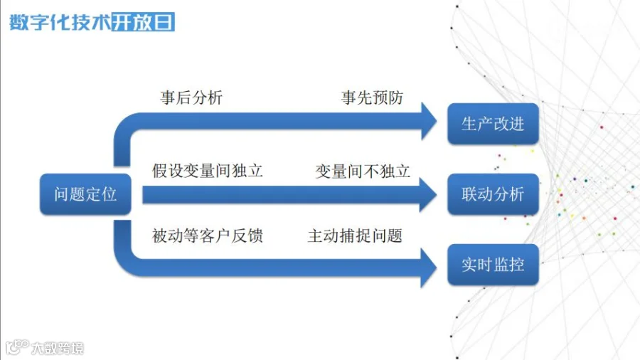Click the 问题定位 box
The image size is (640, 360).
(x=85, y=194)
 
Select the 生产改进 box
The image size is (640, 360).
(x=493, y=124)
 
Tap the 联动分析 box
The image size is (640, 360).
(x=493, y=194)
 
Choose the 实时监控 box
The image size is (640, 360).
(x=493, y=265)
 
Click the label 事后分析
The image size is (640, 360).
(x=191, y=97)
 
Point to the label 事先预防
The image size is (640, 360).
(x=372, y=97)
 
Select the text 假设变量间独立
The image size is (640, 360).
(x=208, y=171)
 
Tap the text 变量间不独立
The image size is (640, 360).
(x=363, y=171)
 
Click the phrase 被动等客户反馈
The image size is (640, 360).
(x=208, y=235)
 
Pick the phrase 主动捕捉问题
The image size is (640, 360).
(x=355, y=235)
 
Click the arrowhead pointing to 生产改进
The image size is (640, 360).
(x=428, y=121)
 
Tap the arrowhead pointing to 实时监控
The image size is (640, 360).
(x=428, y=268)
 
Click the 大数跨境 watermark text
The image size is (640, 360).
(x=57, y=349)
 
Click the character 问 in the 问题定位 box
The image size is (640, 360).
(x=63, y=194)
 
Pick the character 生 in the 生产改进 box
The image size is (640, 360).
(x=469, y=124)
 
